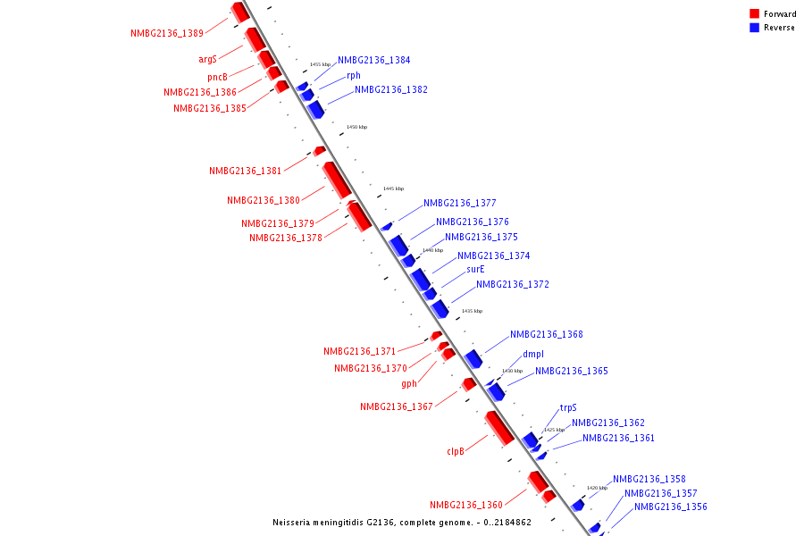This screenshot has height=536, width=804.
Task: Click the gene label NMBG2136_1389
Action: [x=167, y=33]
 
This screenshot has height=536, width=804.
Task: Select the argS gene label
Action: [x=207, y=60]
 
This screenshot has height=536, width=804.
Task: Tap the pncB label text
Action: [x=217, y=77]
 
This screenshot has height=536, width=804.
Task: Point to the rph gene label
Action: [x=354, y=76]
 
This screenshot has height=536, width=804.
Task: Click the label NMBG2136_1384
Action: [x=374, y=60]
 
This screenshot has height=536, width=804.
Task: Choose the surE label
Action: [x=475, y=269]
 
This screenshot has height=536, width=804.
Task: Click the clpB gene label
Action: [x=456, y=452]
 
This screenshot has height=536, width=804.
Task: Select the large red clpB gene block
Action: [x=499, y=428]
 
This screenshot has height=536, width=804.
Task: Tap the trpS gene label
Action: [x=568, y=407]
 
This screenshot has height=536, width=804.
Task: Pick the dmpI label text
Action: [x=533, y=354]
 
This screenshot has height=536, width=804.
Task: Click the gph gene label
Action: [x=409, y=384]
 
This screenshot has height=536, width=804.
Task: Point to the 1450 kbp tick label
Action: [x=356, y=127]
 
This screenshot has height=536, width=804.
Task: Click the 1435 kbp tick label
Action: [x=472, y=311]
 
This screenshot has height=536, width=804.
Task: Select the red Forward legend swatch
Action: [x=754, y=14]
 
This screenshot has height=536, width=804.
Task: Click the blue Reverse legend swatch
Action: [x=754, y=28]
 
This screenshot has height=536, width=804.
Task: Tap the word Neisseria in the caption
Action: [x=296, y=523]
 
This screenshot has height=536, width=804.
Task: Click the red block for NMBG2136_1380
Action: [x=337, y=180]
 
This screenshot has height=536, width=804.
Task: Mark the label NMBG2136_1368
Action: [x=547, y=335]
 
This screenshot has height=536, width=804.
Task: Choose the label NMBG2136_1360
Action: [x=466, y=505]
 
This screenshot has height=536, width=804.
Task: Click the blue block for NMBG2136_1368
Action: [x=473, y=358]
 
